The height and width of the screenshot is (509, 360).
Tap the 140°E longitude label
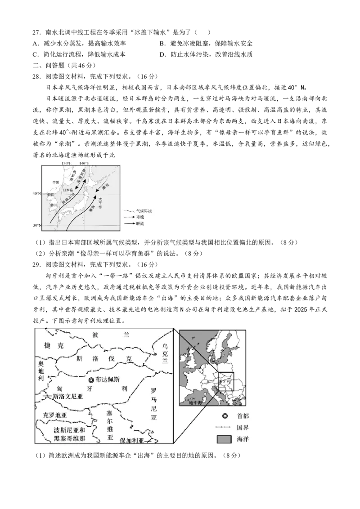(84, 163)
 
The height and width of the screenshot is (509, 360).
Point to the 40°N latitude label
(36, 194)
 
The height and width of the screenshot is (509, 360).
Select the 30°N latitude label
(36, 225)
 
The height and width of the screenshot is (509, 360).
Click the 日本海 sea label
(68, 190)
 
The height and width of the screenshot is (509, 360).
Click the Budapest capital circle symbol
(91, 380)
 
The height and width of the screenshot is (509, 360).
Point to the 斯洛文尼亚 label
(68, 397)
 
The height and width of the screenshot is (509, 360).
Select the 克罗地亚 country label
(54, 415)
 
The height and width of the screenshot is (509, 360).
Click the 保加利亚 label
(132, 441)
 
